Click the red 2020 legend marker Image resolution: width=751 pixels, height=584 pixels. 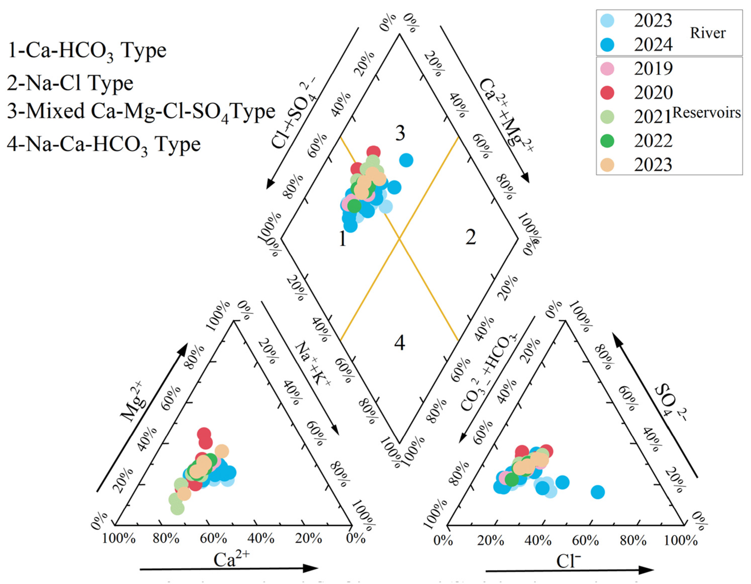point(607,92)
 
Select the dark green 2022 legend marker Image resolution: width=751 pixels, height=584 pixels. point(607,141)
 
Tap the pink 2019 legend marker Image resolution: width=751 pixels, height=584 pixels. point(607,68)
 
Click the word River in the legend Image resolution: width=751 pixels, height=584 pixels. point(708,33)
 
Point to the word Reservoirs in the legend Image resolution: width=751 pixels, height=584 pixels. point(706,113)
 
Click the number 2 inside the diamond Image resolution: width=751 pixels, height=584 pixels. point(471,237)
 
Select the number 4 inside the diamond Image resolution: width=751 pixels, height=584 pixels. point(400,343)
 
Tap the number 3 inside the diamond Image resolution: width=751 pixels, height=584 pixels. point(400,133)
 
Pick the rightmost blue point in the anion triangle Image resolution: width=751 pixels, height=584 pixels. point(598,492)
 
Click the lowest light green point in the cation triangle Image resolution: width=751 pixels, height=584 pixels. point(177,508)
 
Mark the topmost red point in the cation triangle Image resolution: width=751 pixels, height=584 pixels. point(204,434)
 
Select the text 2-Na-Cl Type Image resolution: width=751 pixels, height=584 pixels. point(70,83)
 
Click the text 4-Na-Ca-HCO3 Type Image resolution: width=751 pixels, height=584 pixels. point(103,145)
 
